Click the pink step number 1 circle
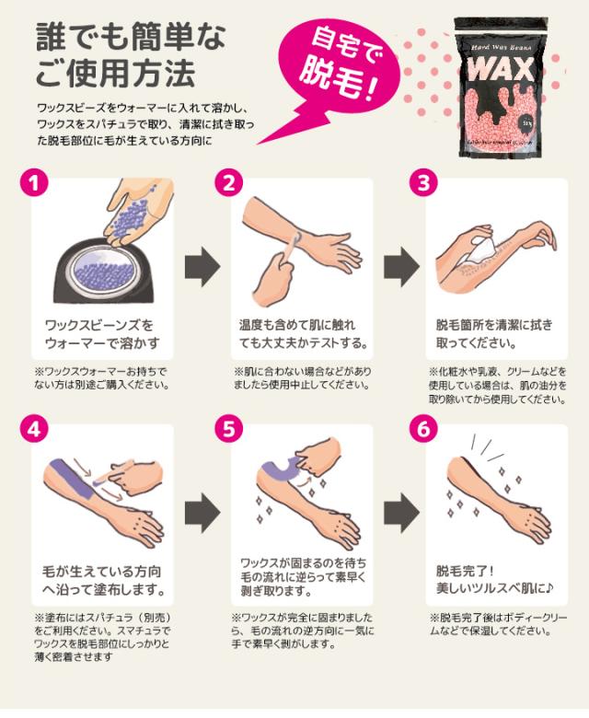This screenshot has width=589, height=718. (x=34, y=182)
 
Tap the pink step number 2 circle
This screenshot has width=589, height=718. (x=226, y=182)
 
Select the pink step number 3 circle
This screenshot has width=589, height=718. (x=423, y=182)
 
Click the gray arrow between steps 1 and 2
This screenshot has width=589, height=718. (x=202, y=266)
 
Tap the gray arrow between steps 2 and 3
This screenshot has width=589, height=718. (x=398, y=266)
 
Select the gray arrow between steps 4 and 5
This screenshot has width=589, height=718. (x=202, y=511)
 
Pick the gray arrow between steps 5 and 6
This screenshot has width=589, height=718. (x=398, y=511)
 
